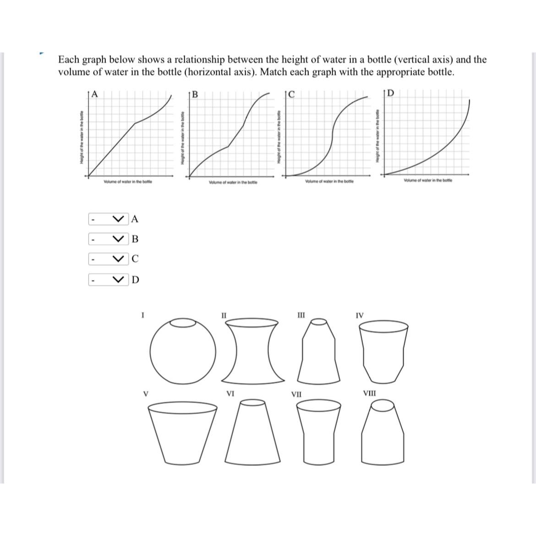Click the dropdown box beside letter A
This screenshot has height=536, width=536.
click(109, 219)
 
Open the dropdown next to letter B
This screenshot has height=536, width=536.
click(109, 239)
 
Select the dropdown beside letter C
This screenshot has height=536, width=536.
click(109, 259)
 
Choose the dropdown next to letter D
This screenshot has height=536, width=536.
click(109, 279)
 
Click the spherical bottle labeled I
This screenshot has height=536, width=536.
click(183, 351)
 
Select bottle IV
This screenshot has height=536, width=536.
click(383, 350)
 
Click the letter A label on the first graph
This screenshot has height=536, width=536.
click(95, 94)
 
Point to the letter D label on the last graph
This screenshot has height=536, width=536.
click(390, 93)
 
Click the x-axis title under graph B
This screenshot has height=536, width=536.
click(233, 183)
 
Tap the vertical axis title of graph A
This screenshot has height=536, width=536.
click(81, 137)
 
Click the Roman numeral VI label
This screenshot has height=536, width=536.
click(231, 393)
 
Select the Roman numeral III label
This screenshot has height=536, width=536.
click(301, 315)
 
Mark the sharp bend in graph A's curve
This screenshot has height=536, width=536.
click(135, 123)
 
